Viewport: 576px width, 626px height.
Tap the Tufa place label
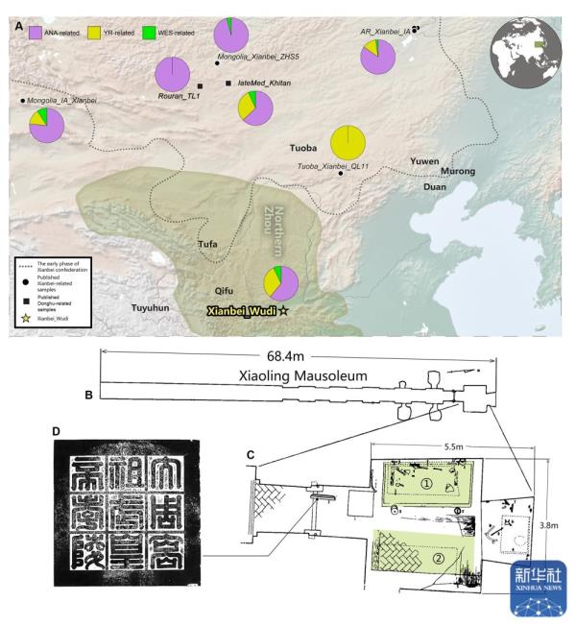tap(207, 244)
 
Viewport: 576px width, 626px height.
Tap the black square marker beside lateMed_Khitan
tap(228, 84)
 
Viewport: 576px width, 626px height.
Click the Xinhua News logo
tap(539, 589)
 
